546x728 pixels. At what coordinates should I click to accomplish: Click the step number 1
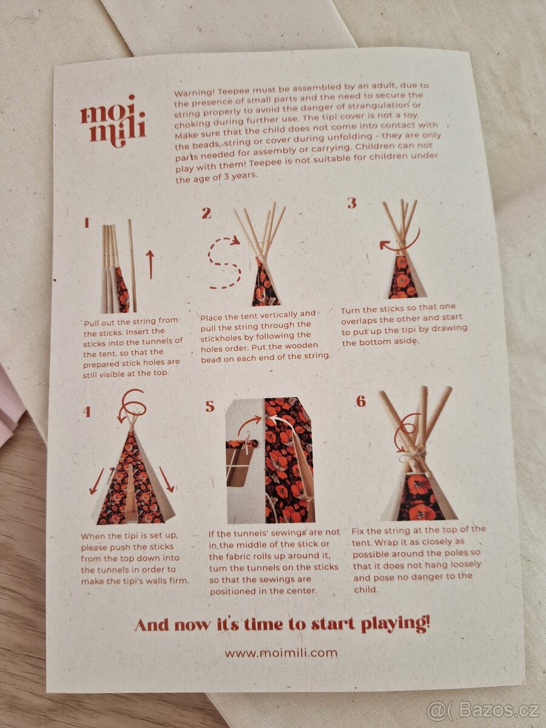(x=86, y=223)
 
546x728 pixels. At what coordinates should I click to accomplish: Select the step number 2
(x=206, y=213)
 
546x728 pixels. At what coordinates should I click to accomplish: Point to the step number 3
(x=351, y=203)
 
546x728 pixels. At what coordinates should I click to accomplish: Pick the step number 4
(x=87, y=412)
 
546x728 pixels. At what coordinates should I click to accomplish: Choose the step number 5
(x=209, y=406)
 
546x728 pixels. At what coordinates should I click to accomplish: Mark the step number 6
(x=361, y=402)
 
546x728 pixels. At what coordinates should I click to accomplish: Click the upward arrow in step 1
(x=150, y=265)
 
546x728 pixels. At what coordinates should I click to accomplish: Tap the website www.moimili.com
(x=281, y=653)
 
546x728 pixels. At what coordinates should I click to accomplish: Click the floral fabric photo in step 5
(x=288, y=461)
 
